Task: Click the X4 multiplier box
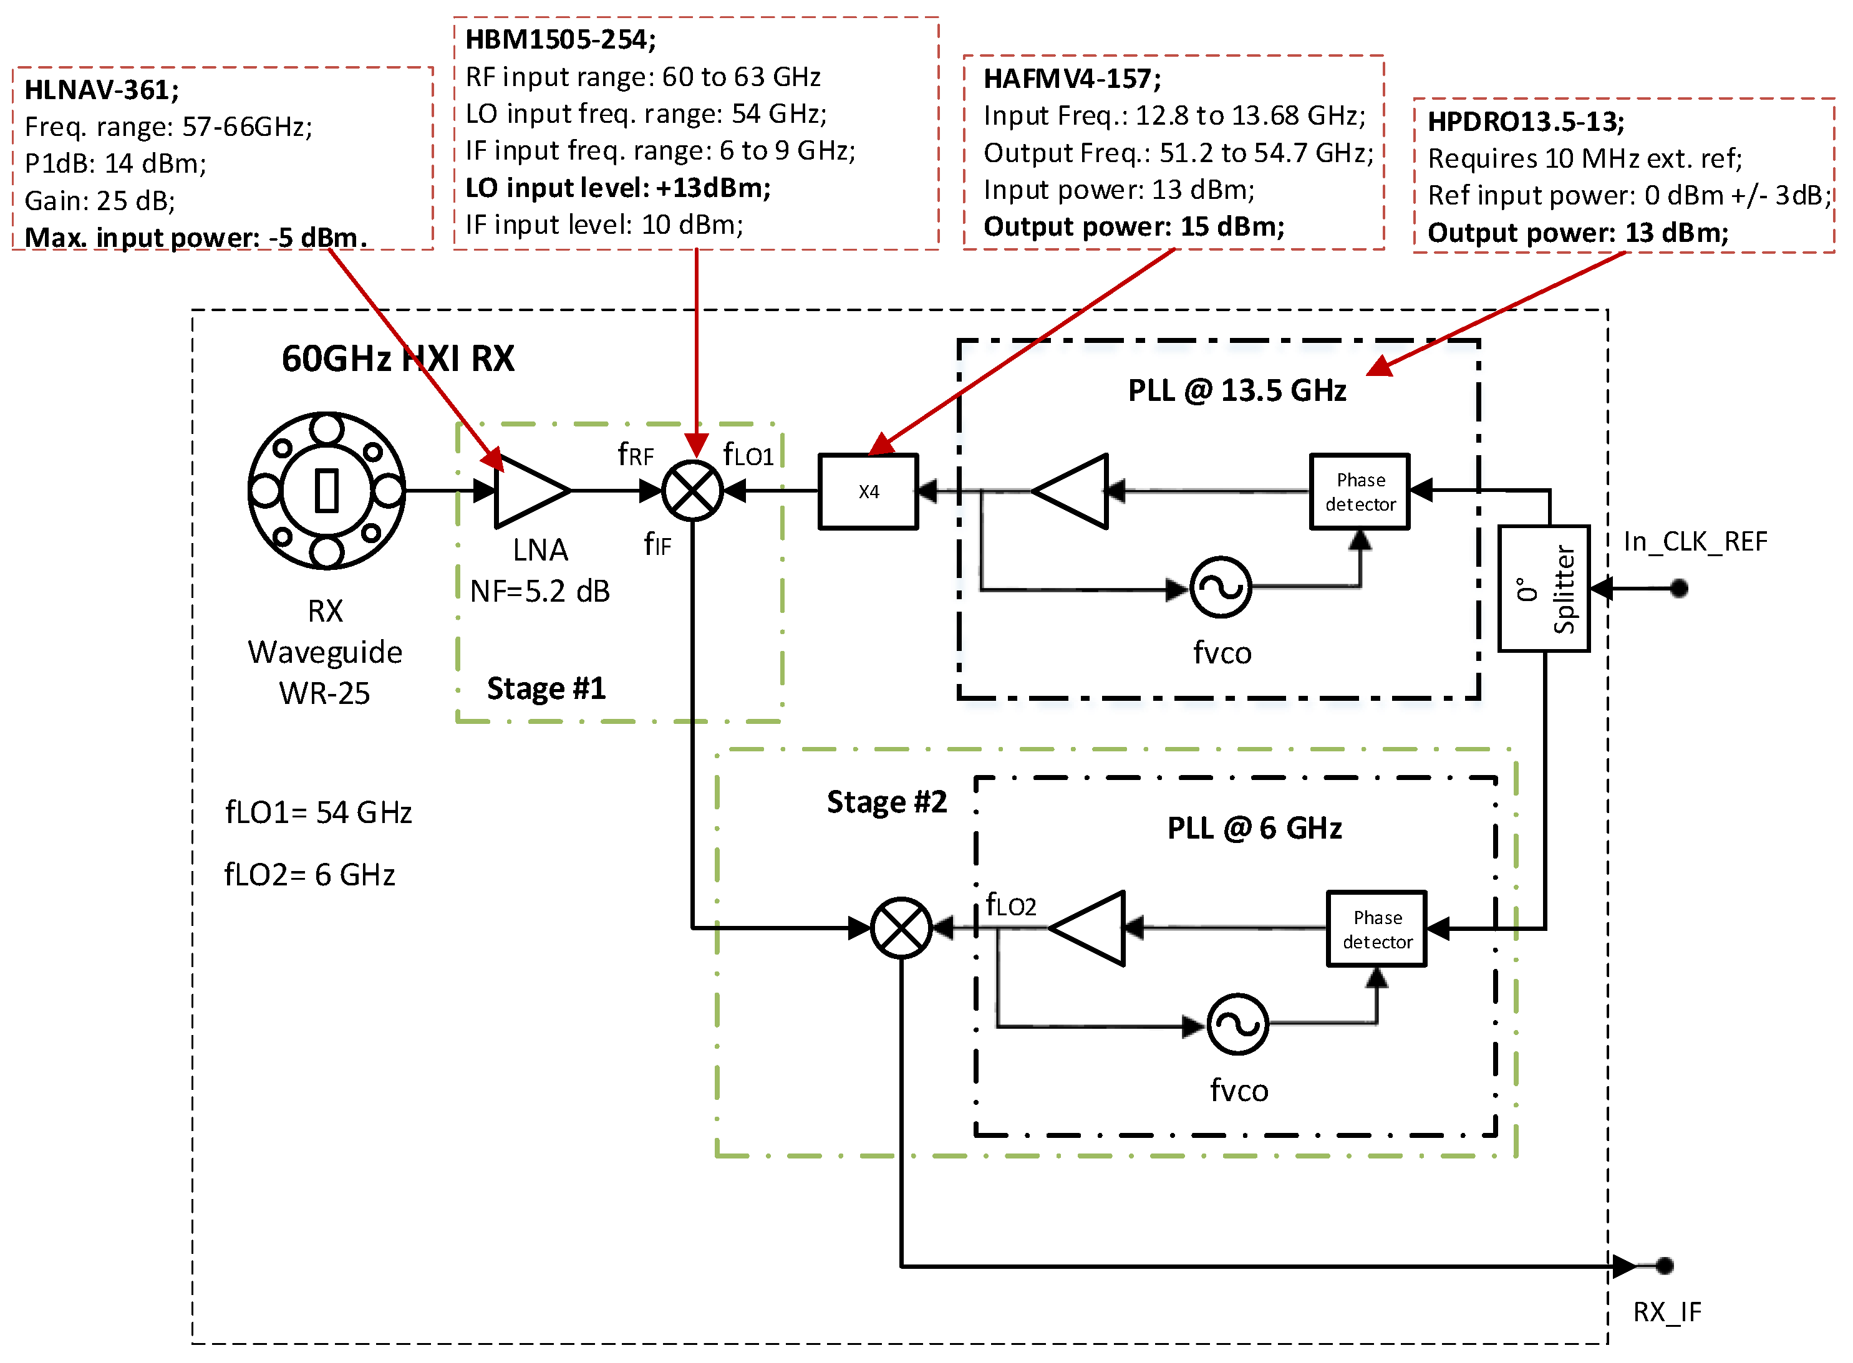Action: pyautogui.click(x=868, y=492)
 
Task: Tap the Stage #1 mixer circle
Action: pyautogui.click(x=692, y=491)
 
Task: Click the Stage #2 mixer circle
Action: pyautogui.click(x=901, y=928)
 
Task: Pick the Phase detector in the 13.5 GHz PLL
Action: pyautogui.click(x=1360, y=492)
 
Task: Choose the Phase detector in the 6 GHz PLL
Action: pyautogui.click(x=1376, y=929)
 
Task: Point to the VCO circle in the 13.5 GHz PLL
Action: pyautogui.click(x=1220, y=587)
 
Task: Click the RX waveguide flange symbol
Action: pyautogui.click(x=327, y=491)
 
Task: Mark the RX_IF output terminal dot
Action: pyautogui.click(x=1664, y=1266)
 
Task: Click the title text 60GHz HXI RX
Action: pyautogui.click(x=398, y=359)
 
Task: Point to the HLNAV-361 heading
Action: pyautogui.click(x=100, y=89)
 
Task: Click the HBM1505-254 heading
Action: pyautogui.click(x=561, y=39)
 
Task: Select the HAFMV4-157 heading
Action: pyautogui.click(x=1072, y=79)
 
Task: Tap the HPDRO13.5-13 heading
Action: pyautogui.click(x=1526, y=122)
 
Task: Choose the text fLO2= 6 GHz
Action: pyautogui.click(x=309, y=875)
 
